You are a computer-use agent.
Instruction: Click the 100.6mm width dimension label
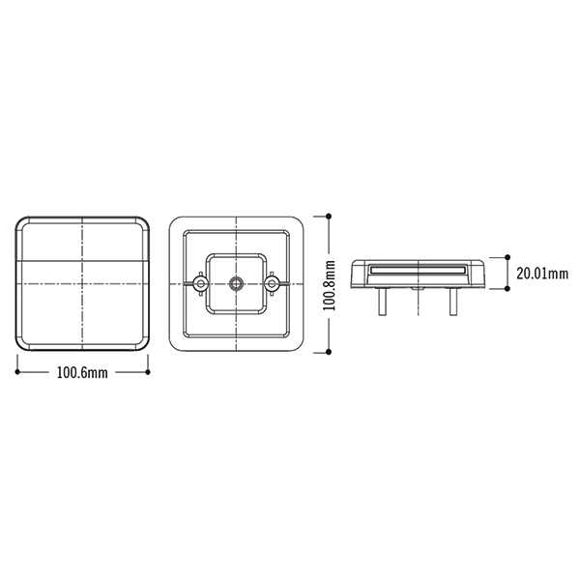tap(82, 372)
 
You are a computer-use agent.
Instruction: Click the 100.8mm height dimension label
tap(330, 285)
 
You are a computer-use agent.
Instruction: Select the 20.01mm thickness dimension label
tap(542, 274)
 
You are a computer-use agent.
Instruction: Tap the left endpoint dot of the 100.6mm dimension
tap(17, 372)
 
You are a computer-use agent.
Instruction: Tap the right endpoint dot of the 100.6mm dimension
tap(148, 372)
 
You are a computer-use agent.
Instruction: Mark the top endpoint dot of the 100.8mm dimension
tap(329, 217)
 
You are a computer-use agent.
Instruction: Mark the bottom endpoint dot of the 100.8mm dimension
tap(329, 352)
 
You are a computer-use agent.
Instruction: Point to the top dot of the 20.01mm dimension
tap(507, 257)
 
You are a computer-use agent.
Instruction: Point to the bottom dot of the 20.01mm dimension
tap(507, 288)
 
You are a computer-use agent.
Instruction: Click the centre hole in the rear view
tap(236, 283)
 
